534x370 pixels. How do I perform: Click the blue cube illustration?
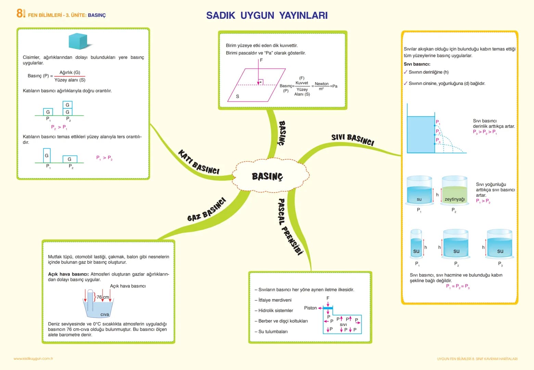(x=78, y=41)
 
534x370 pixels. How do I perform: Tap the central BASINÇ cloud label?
(x=267, y=176)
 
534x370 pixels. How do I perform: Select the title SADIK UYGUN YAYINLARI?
(x=267, y=15)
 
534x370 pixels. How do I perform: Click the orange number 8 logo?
(x=20, y=13)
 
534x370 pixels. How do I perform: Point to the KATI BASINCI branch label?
(x=199, y=162)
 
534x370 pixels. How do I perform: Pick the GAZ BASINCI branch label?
(x=206, y=209)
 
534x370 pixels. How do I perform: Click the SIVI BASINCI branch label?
(x=353, y=139)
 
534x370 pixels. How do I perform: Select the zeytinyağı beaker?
(x=455, y=190)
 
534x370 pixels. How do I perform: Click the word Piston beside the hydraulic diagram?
(x=310, y=308)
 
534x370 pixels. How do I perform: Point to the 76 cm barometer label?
(x=103, y=297)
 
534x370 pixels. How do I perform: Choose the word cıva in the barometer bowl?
(x=104, y=314)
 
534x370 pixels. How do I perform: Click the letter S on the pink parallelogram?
(x=238, y=96)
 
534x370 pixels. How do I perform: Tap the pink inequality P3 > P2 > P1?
(x=485, y=132)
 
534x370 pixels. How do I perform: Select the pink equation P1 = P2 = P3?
(x=458, y=286)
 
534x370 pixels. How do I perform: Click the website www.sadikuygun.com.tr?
(x=34, y=359)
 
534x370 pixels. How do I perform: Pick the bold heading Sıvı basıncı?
(x=417, y=64)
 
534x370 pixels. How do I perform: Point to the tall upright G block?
(x=47, y=155)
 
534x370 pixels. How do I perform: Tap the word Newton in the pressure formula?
(x=321, y=84)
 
